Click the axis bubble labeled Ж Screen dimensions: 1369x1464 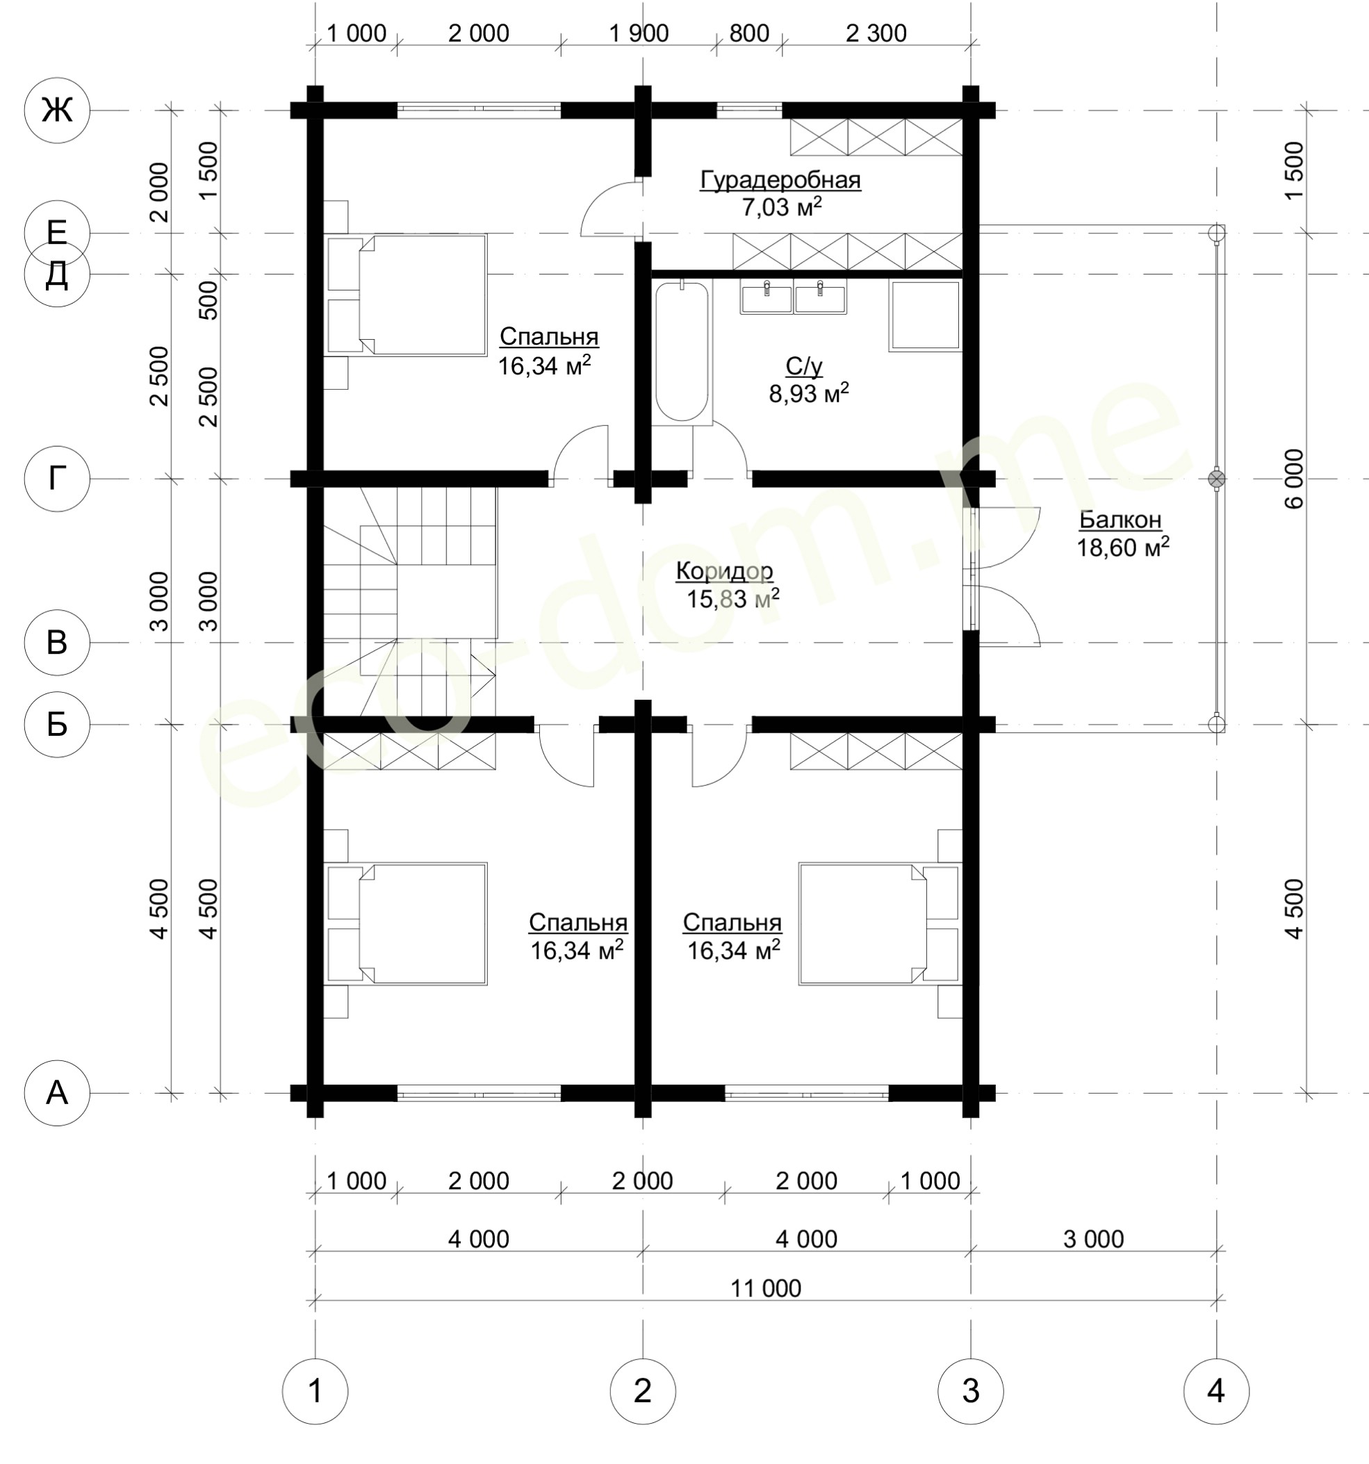(58, 110)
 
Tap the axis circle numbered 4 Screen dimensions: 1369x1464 (1216, 1392)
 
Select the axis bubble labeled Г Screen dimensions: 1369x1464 (58, 479)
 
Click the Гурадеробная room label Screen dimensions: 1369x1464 (780, 180)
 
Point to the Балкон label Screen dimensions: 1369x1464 (1120, 520)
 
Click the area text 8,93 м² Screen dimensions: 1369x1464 (809, 393)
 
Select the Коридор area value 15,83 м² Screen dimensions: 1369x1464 (732, 599)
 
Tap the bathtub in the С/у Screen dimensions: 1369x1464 (682, 353)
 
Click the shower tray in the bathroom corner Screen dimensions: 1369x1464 (925, 315)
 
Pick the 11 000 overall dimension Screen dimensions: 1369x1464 (766, 1288)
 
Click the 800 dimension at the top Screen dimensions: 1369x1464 (749, 33)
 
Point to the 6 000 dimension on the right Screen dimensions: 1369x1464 (1294, 479)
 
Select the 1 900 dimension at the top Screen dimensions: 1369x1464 (639, 33)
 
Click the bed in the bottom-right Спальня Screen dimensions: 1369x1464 (880, 923)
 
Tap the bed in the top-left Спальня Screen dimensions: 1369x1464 (407, 295)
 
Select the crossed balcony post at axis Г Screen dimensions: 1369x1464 (1217, 479)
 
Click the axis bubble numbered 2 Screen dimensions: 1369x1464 (643, 1392)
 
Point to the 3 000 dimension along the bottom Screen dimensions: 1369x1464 (1094, 1240)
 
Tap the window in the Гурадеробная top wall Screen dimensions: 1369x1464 (749, 110)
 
